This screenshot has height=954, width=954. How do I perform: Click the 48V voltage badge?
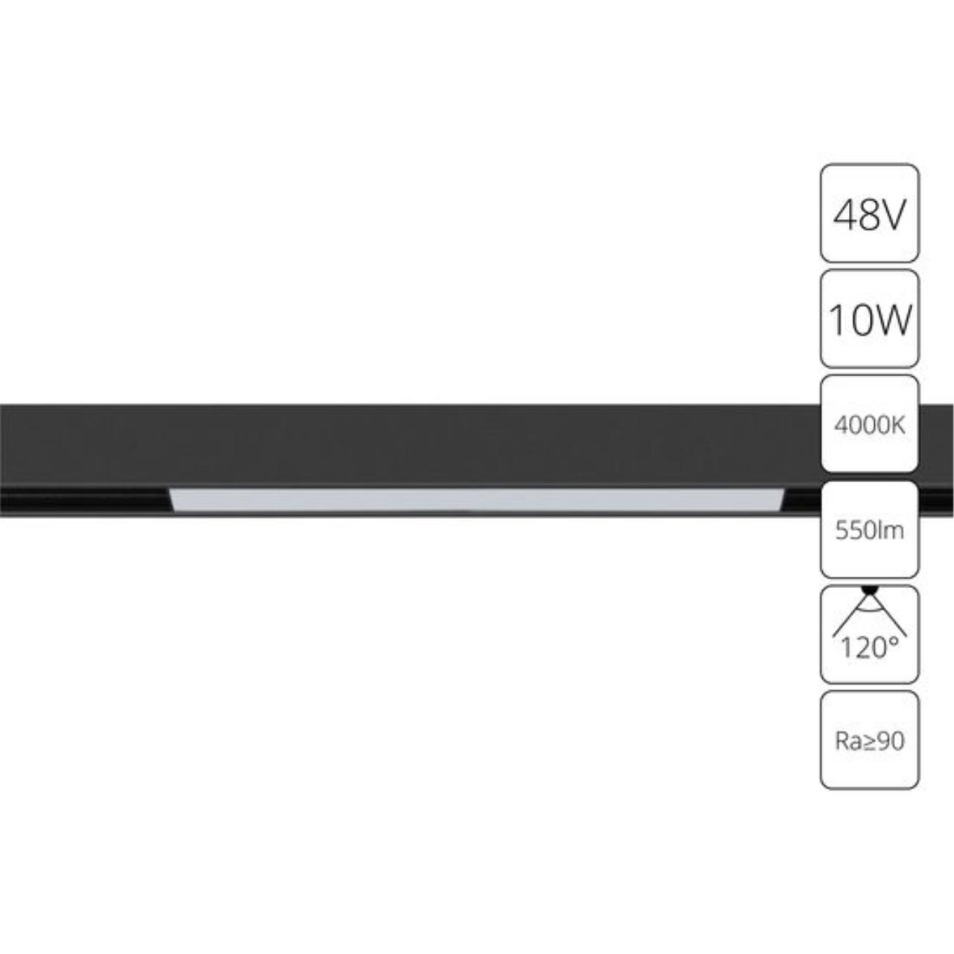pos(869,213)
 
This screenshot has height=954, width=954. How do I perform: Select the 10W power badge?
pos(869,319)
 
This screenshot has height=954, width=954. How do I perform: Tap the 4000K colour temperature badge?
pos(869,424)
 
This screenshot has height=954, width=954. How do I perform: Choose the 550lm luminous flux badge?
pos(869,529)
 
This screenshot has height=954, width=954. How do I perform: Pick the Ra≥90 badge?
pos(869,740)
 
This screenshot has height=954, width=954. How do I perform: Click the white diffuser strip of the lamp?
pos(477,499)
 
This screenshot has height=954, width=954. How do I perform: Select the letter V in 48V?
pos(893,215)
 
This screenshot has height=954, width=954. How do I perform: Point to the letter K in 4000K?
pos(898,425)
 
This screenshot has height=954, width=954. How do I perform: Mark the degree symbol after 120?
pos(893,639)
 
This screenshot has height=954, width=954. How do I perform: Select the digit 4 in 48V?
pos(845,215)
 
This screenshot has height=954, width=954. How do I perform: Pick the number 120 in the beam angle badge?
pos(862,648)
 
